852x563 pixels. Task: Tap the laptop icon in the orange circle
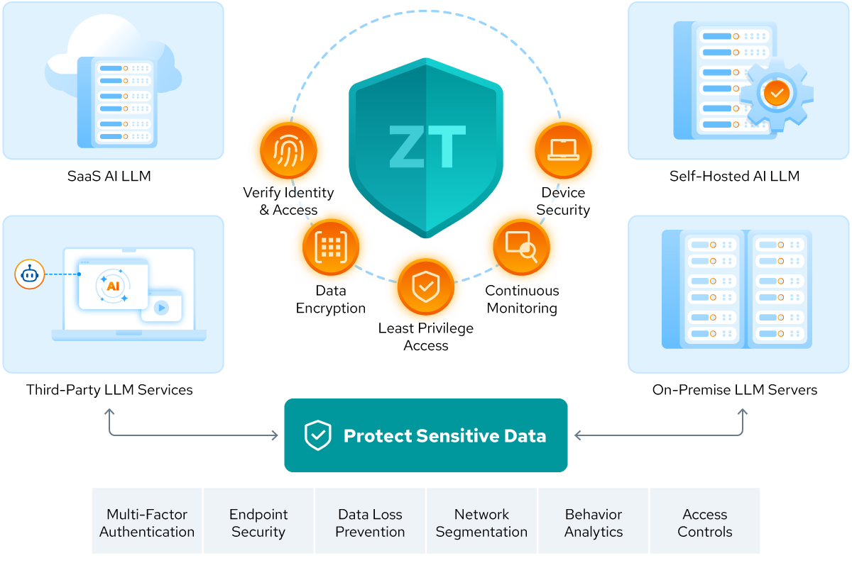(x=563, y=150)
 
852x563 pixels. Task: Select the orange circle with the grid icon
(x=330, y=246)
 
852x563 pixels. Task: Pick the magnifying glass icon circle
(x=521, y=246)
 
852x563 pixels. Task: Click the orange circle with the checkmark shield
(x=425, y=287)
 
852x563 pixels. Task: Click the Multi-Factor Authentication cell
(x=147, y=523)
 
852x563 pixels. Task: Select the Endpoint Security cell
(x=258, y=523)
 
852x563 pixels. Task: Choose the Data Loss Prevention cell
(x=370, y=523)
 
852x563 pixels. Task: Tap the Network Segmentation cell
(x=481, y=523)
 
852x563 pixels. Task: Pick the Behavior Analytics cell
(x=594, y=523)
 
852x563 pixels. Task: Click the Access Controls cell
(x=705, y=523)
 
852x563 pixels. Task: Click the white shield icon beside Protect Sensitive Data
(x=317, y=435)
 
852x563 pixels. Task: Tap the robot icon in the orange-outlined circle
(x=30, y=274)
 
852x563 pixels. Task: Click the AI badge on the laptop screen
(x=112, y=286)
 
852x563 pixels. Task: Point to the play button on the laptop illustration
(x=161, y=308)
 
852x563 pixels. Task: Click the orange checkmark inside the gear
(x=777, y=93)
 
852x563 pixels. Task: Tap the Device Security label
(x=561, y=201)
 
